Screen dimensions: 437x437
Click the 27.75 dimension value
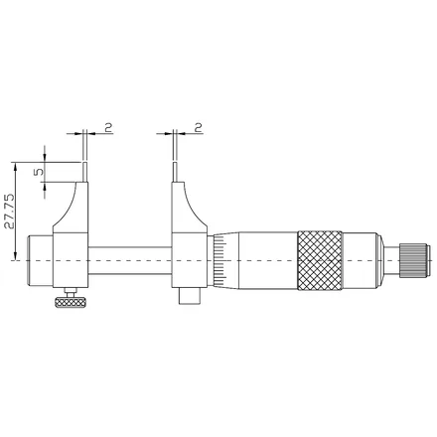9,212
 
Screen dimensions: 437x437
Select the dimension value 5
39,172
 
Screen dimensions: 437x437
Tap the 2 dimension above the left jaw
108,127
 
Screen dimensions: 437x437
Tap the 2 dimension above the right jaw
198,127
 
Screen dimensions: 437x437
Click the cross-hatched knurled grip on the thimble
320,261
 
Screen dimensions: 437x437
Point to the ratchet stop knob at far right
415,260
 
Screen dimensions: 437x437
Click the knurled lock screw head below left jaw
71,302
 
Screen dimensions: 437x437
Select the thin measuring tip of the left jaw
85,172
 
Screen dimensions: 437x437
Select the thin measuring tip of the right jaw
175,172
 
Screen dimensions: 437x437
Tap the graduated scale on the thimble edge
219,260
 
